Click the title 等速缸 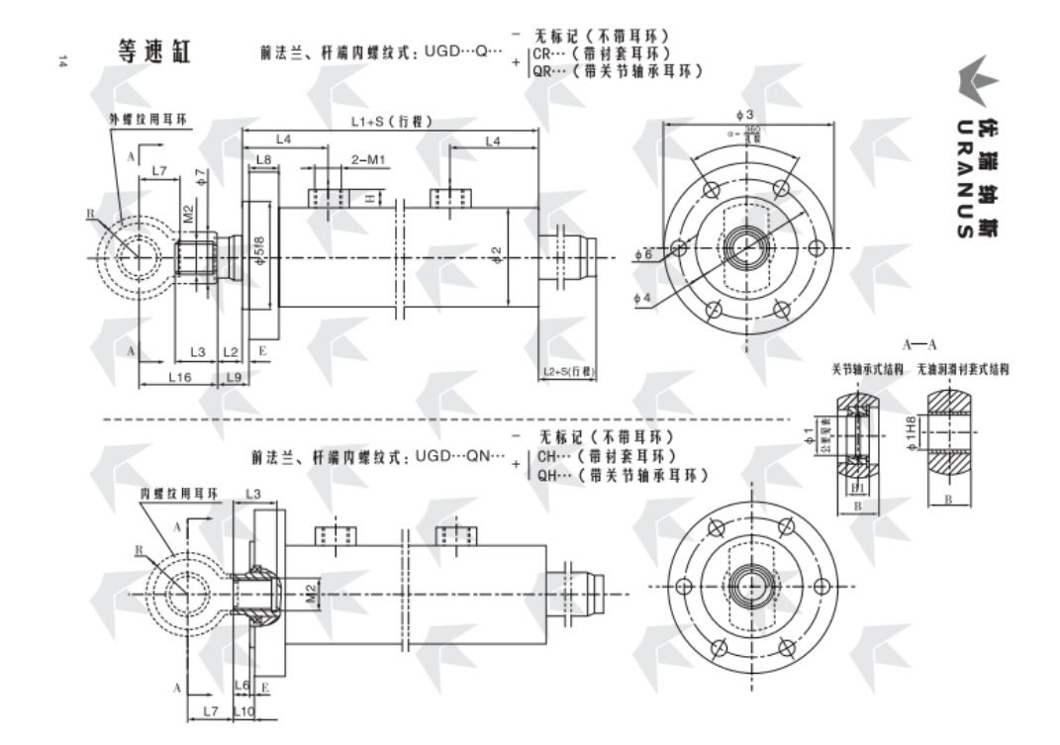tap(153, 51)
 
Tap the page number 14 tap(62, 61)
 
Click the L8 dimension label tap(263, 159)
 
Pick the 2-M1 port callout tap(370, 159)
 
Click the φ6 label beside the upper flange tap(643, 254)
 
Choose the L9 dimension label tap(234, 377)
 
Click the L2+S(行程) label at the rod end tap(568, 372)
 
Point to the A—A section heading tap(919, 344)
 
